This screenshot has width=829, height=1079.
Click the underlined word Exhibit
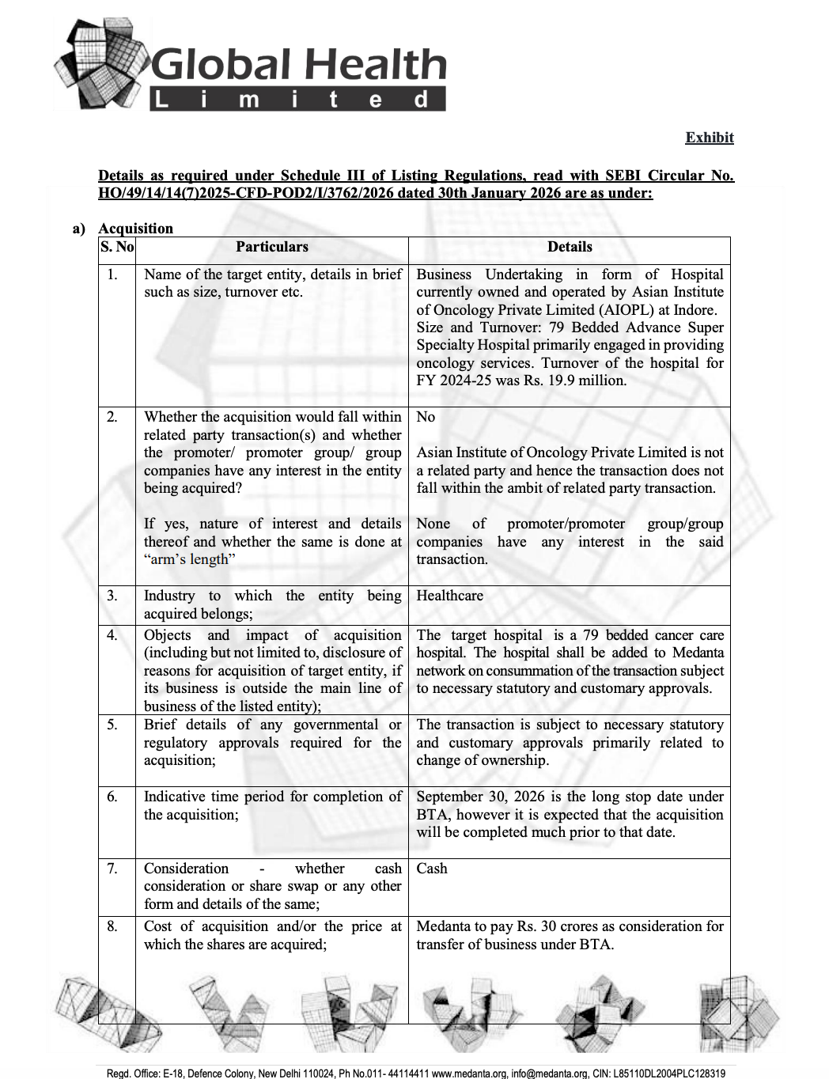[709, 138]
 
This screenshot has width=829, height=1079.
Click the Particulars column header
[271, 247]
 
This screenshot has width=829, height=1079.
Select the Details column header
[570, 247]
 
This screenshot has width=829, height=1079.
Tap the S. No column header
[117, 247]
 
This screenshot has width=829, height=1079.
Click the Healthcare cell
[449, 596]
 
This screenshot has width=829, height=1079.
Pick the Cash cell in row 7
[432, 869]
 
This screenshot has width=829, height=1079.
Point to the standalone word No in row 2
[426, 417]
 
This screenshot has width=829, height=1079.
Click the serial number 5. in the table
[112, 725]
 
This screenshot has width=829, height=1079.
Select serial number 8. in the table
[112, 926]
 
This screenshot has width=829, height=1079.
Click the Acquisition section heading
[135, 229]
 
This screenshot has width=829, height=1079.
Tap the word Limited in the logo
[297, 100]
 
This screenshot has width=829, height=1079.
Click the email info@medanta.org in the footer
[550, 1073]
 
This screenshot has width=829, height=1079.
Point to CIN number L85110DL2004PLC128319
[669, 1073]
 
